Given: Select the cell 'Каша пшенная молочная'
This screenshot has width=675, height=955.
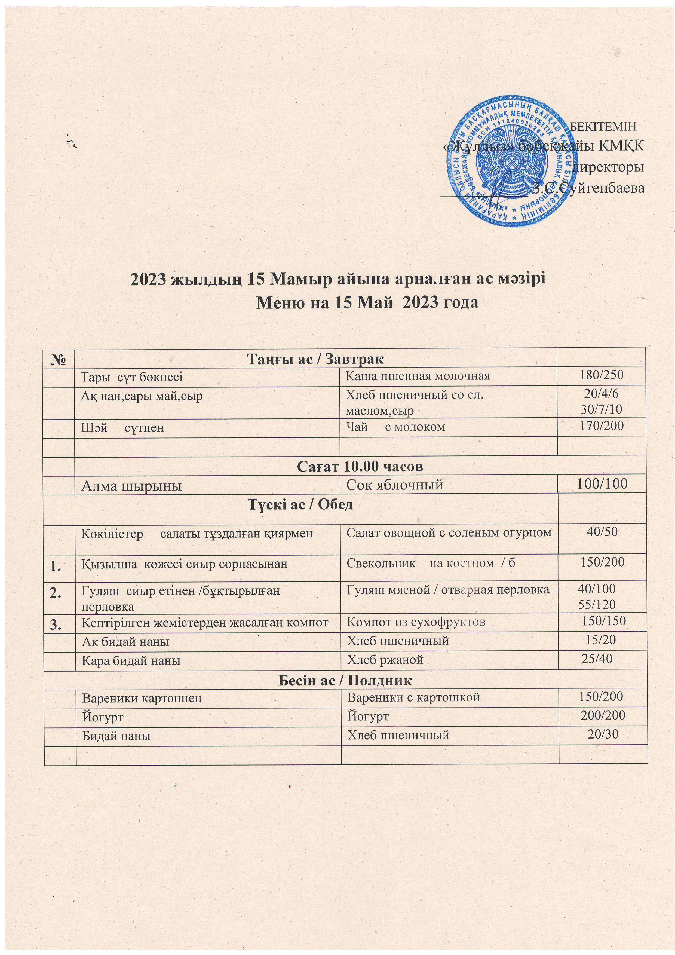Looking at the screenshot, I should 418,376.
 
